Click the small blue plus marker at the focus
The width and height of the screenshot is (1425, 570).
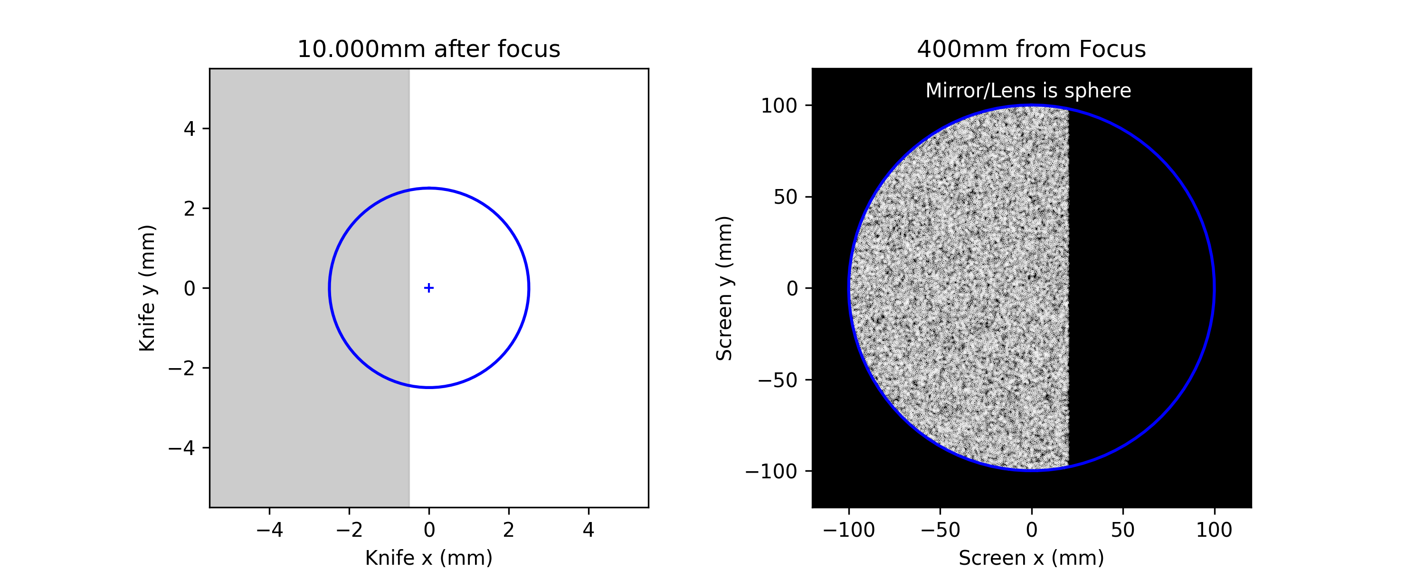pyautogui.click(x=429, y=288)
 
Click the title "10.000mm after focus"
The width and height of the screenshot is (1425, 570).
pyautogui.click(x=429, y=49)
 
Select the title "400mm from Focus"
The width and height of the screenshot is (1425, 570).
pyautogui.click(x=1031, y=49)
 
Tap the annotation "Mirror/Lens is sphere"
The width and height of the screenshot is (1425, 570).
pyautogui.click(x=1028, y=91)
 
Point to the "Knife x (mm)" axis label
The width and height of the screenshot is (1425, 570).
pyautogui.click(x=429, y=557)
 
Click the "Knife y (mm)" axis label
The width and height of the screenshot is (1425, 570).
pyautogui.click(x=147, y=288)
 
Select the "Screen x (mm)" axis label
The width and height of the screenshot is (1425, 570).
pyautogui.click(x=1031, y=557)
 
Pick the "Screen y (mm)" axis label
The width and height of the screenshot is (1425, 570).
pyautogui.click(x=724, y=288)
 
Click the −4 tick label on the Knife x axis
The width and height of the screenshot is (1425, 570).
pyautogui.click(x=269, y=530)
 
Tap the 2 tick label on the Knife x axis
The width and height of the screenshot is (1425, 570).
pyautogui.click(x=508, y=530)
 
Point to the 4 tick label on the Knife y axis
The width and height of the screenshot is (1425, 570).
pyautogui.click(x=190, y=129)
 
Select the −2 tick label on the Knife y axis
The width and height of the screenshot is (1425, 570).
pyautogui.click(x=181, y=368)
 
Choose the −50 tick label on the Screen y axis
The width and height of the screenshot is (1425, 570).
pyautogui.click(x=778, y=380)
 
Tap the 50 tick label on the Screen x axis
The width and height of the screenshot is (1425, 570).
pyautogui.click(x=1122, y=530)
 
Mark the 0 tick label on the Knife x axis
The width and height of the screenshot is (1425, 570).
pyautogui.click(x=429, y=530)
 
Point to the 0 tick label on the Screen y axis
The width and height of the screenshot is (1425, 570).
pyautogui.click(x=792, y=288)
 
